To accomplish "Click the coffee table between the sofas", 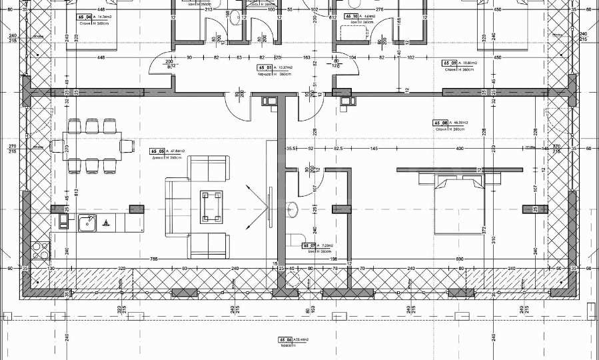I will coord(213,206).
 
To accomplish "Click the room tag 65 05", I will coord(158,151).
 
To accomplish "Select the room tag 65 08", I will coord(440,123).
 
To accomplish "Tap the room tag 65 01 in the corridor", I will coord(265,68).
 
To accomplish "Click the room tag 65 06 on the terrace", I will coord(286,339).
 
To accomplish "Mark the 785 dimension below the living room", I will coord(154,259).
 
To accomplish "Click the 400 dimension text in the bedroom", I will coord(459,148).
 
